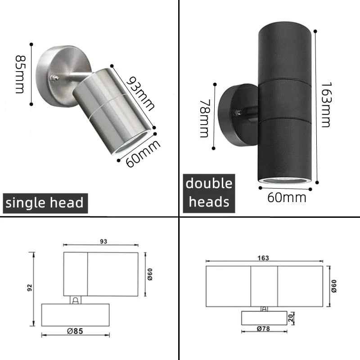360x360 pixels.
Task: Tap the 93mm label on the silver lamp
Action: (x=139, y=94)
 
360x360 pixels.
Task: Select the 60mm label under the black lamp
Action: (x=286, y=197)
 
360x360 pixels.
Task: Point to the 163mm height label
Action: (x=325, y=105)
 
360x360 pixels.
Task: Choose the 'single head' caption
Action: (x=44, y=203)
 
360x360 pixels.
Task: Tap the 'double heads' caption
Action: (x=209, y=193)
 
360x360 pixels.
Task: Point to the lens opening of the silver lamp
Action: (x=131, y=143)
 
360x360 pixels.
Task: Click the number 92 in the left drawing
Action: (x=30, y=288)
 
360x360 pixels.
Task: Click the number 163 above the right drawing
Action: (x=264, y=258)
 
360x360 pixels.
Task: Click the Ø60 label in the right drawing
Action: (x=334, y=285)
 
